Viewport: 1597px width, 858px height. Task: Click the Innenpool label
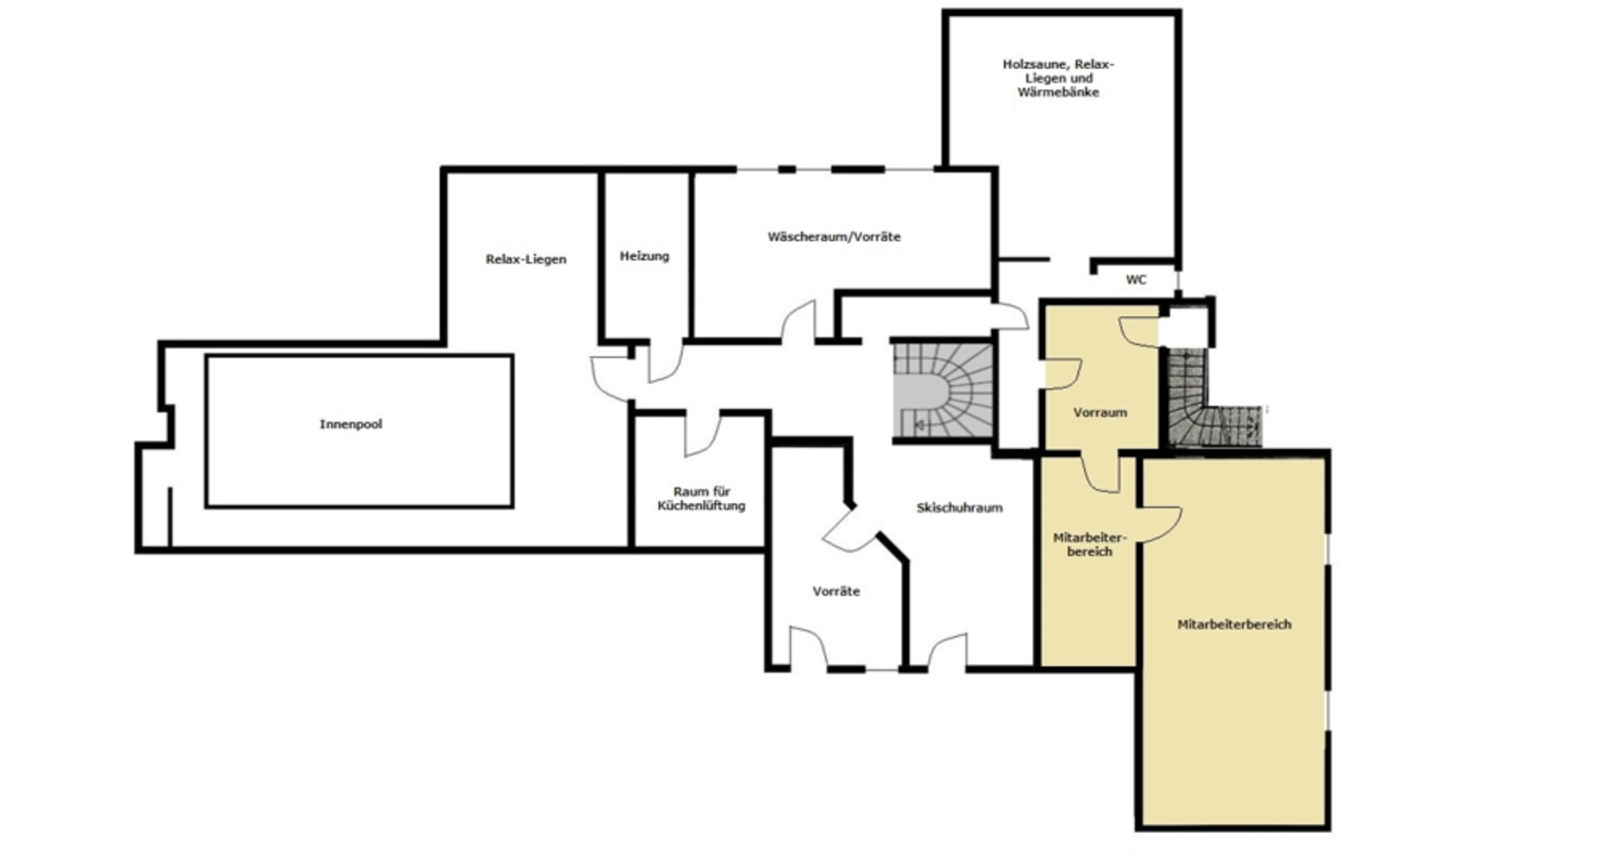[x=351, y=424]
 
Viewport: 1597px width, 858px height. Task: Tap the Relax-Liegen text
[x=526, y=259]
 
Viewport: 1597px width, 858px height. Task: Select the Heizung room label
[x=645, y=256]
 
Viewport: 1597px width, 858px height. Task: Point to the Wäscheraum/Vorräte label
[x=834, y=237]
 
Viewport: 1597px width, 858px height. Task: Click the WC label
[x=1136, y=280]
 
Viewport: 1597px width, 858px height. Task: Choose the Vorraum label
[x=1100, y=412]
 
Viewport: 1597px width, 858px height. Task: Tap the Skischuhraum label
[x=960, y=508]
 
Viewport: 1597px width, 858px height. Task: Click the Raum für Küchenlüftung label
[x=701, y=499]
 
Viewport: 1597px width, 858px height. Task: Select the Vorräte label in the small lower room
[x=837, y=592]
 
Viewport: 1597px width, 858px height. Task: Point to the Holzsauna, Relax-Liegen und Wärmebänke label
[x=1058, y=78]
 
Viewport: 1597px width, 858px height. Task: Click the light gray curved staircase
[x=943, y=391]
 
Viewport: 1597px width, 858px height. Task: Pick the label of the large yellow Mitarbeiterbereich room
[x=1234, y=624]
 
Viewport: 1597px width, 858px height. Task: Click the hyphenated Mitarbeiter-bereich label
[x=1090, y=545]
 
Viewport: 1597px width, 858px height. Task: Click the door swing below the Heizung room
[x=665, y=361]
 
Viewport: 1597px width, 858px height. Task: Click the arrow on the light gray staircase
[x=920, y=426]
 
